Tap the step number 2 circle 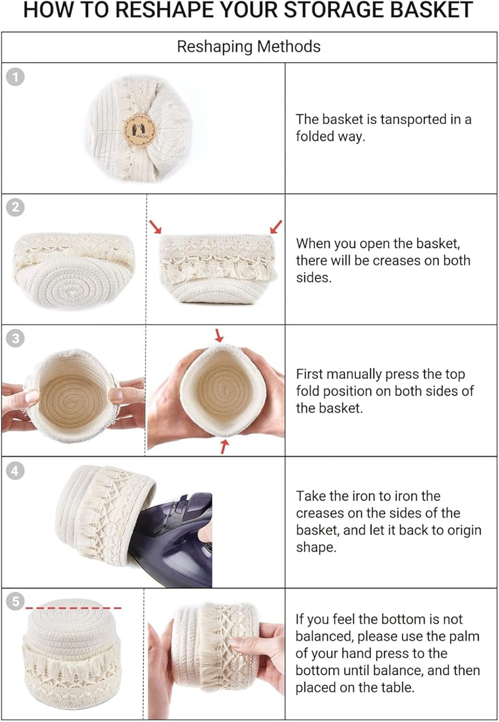coord(15,207)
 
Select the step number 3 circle coord(15,338)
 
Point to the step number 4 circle coord(15,471)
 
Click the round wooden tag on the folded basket coord(140,130)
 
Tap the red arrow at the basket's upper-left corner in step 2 coord(155,227)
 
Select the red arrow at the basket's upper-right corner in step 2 coord(276,227)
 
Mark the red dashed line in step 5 coord(74,608)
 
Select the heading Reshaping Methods coord(249,46)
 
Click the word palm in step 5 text coord(465,637)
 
